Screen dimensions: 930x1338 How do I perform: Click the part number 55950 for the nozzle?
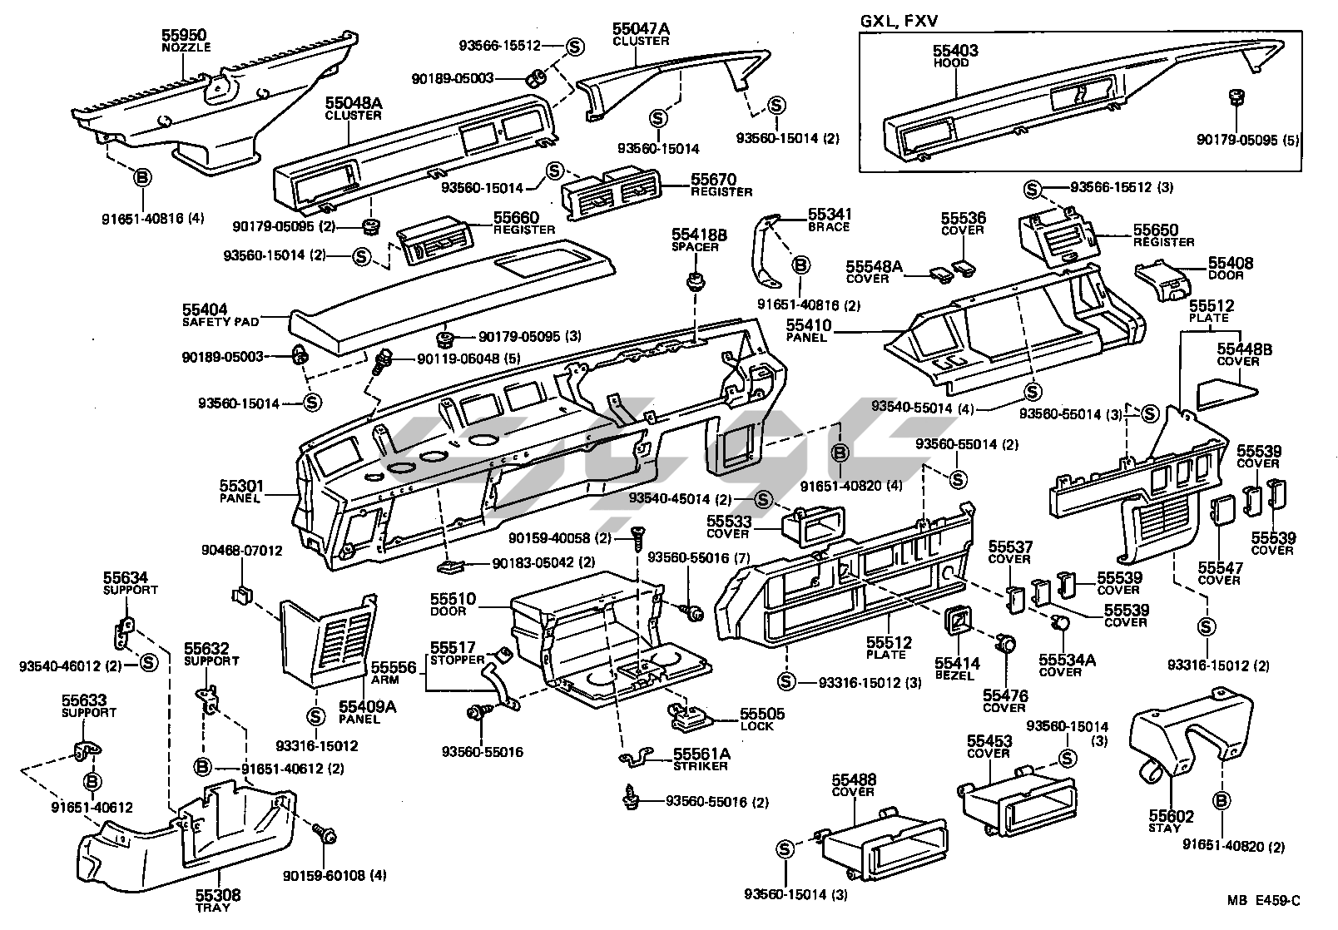[x=186, y=36]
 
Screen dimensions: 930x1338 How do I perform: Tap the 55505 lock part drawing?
[x=691, y=717]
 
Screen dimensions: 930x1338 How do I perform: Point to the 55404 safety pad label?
[x=206, y=309]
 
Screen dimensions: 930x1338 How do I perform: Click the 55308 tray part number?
[x=218, y=895]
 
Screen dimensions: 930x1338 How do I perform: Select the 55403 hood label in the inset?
[x=954, y=51]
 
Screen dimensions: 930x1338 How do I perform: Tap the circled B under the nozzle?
[x=142, y=176]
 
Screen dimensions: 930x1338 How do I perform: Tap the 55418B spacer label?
[x=699, y=235]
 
